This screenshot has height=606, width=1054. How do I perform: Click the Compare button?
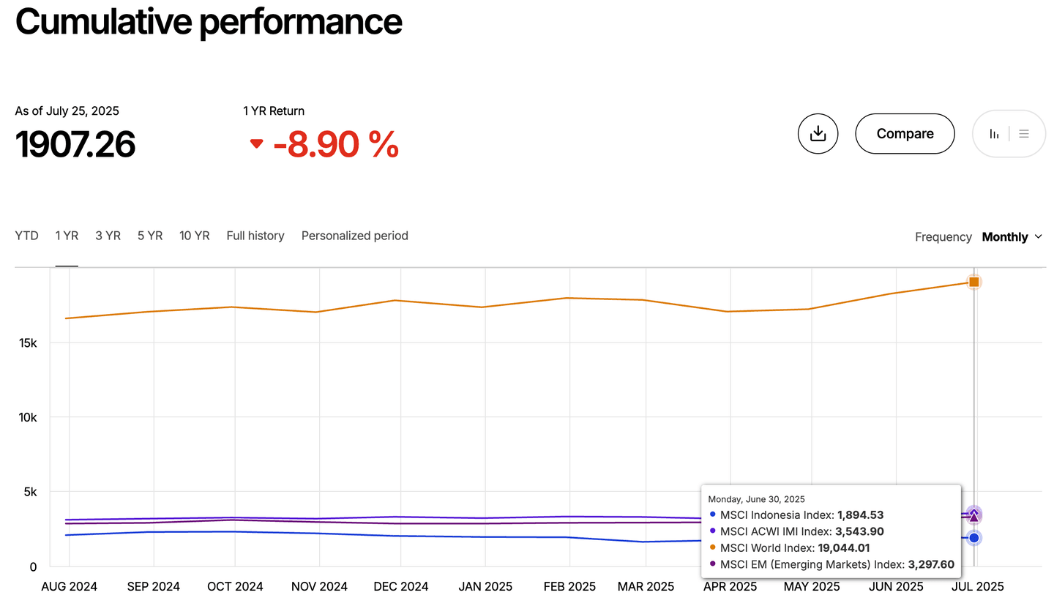[905, 134]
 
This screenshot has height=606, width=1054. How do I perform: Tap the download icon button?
[818, 134]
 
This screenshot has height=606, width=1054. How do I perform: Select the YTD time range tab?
[27, 236]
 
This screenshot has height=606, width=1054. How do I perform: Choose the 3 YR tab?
[108, 236]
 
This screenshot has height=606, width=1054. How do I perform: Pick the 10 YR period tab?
[195, 236]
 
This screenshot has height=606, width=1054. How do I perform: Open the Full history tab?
[255, 236]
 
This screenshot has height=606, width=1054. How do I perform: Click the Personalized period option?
[355, 236]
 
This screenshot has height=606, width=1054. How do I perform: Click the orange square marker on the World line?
[974, 282]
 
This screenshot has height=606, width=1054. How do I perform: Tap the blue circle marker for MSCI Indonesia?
[974, 538]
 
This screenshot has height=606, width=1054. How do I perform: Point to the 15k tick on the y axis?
[28, 343]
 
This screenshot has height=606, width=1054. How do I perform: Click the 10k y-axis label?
[28, 417]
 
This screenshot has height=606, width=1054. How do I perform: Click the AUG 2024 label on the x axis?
[69, 587]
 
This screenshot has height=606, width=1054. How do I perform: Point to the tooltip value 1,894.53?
[861, 515]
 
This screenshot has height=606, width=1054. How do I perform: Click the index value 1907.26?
[75, 144]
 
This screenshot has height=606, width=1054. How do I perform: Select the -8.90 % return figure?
[336, 144]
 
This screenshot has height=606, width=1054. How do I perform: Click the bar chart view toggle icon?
[994, 134]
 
